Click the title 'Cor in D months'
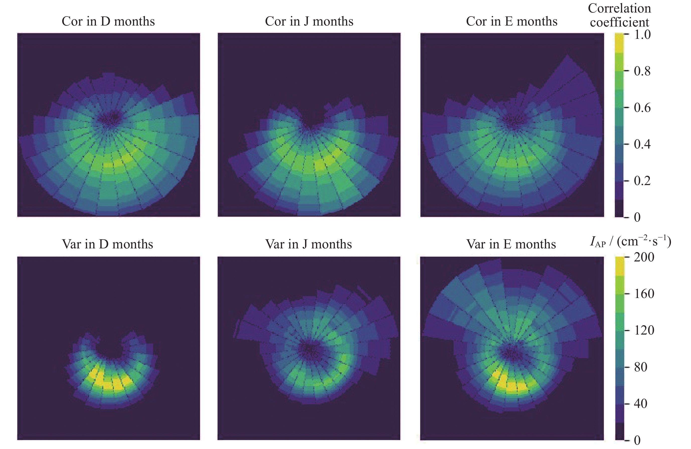[x=108, y=22]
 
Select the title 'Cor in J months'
[x=309, y=22]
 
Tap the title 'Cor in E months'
[x=511, y=22]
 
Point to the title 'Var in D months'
[x=107, y=244]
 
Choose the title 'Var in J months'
[x=308, y=244]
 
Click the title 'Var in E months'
[x=511, y=244]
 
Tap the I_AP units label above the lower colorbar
[x=630, y=241]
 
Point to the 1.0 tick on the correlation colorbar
[x=642, y=35]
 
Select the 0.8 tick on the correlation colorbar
[x=642, y=71]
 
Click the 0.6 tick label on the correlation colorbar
[x=642, y=108]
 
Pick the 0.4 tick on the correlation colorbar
[x=642, y=144]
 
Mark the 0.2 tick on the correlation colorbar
[x=642, y=181]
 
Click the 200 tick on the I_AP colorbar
[x=644, y=257]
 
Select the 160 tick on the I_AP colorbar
[x=644, y=294]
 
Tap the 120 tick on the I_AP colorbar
[x=644, y=330]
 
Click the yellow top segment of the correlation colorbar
[x=619, y=43]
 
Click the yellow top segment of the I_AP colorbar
[x=620, y=266]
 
